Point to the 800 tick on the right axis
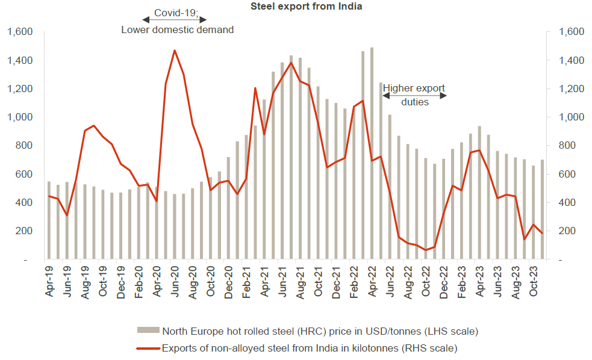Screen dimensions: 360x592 [x=569, y=146]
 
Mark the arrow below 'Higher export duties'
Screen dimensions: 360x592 [x=416, y=96]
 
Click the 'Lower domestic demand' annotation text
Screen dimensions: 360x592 [x=177, y=29]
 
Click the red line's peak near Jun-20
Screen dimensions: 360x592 [x=174, y=51]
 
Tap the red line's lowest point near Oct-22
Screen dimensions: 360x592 [x=425, y=250]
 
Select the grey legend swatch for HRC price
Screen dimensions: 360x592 [x=148, y=330]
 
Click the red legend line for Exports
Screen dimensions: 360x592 [x=148, y=348]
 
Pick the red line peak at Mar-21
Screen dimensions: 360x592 [x=255, y=88]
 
